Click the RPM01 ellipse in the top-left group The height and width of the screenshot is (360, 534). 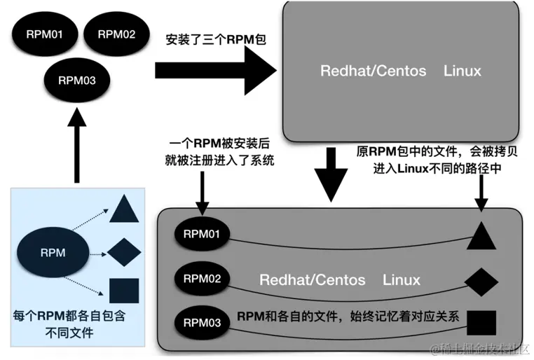pos(45,34)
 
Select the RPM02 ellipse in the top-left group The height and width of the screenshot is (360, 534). pos(117,34)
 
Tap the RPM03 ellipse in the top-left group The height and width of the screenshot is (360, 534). pos(77,81)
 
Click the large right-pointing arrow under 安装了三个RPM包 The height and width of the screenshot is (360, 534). pos(216,71)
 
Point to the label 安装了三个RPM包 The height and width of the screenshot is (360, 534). pos(216,39)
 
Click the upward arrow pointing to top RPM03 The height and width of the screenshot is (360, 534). pos(77,146)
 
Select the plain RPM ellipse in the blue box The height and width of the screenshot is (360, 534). pos(53,252)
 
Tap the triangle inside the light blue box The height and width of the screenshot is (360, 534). pos(124,209)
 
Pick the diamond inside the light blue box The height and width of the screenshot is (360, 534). pos(124,252)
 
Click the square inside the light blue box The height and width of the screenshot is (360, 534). pos(124,291)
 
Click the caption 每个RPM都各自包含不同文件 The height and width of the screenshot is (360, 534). pos(69,324)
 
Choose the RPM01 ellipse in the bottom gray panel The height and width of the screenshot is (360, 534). pos(202,234)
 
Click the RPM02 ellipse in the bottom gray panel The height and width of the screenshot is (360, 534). pos(202,279)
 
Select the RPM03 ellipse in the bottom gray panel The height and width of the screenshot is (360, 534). pos(202,323)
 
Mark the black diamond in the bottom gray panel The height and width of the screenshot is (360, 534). pos(481,282)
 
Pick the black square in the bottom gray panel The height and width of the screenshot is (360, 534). pos(481,323)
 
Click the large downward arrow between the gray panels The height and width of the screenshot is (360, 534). pos(331,174)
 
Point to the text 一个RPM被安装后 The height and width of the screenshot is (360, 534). pos(219,144)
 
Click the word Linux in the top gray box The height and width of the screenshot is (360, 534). pos(463,71)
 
